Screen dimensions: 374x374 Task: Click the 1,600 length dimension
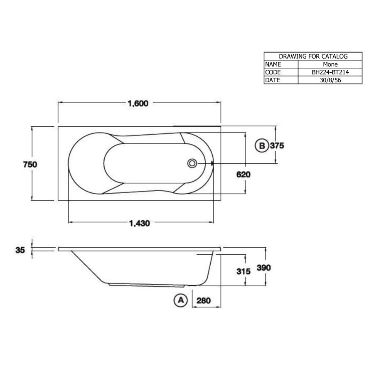139,104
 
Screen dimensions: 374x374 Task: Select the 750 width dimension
30,164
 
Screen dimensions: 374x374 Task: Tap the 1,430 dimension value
139,223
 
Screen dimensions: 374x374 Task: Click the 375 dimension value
277,146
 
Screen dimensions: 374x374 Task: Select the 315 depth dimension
243,271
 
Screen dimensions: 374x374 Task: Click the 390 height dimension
263,268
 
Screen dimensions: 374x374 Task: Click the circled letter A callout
180,300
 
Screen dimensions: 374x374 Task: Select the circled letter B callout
261,146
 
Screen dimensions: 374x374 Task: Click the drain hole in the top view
192,163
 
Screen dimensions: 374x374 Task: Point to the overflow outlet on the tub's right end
212,163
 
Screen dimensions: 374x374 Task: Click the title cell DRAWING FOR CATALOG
313,56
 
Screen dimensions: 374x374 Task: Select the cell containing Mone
330,64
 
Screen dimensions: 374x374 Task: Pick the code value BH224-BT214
330,72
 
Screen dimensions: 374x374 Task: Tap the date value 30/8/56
330,80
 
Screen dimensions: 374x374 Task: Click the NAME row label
273,64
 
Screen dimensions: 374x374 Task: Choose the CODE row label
273,72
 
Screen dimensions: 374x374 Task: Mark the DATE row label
273,80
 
